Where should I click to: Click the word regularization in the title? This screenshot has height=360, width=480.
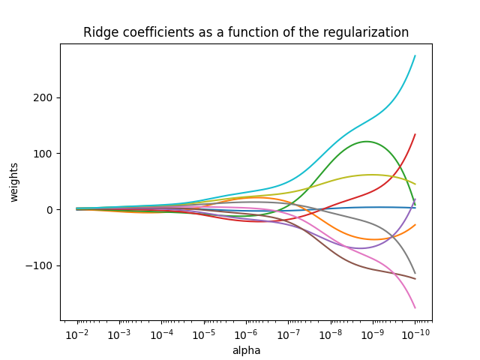[x=367, y=32]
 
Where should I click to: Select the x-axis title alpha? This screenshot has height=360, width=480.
[x=246, y=350]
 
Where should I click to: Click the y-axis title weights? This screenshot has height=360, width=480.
[x=14, y=182]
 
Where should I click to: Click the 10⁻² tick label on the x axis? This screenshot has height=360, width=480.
[x=76, y=334]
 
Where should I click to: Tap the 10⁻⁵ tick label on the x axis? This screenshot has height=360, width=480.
[x=203, y=334]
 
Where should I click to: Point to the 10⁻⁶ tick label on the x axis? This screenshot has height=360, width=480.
[x=246, y=334]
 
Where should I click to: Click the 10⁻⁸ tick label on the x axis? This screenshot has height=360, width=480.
[x=330, y=334]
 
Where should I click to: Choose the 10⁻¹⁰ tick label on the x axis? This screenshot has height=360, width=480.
[x=415, y=334]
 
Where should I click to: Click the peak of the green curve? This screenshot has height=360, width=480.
[x=366, y=142]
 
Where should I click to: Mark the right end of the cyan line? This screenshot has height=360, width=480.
[x=415, y=56]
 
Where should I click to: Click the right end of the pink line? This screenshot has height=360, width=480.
[x=415, y=307]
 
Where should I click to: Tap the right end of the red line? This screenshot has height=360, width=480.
[x=415, y=135]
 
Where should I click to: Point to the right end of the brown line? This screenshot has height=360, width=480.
[x=415, y=279]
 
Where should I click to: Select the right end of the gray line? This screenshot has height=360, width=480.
[x=415, y=273]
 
